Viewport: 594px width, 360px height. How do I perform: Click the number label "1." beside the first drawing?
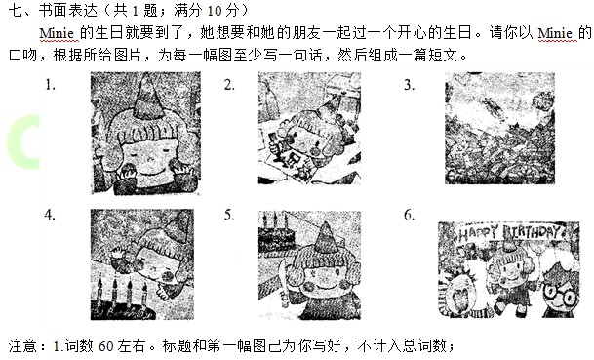tap(51, 85)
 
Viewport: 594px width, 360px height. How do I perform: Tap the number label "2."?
tap(229, 85)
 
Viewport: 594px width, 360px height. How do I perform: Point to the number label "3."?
tap(409, 85)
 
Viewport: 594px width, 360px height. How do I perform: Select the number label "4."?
tap(50, 215)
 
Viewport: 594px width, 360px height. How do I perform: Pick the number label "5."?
tap(229, 215)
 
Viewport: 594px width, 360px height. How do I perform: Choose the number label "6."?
tap(409, 215)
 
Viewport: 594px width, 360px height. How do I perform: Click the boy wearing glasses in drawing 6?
tap(560, 290)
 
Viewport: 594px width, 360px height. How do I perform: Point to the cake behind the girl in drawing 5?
tap(277, 235)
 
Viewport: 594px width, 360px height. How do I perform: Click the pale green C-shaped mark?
tap(23, 141)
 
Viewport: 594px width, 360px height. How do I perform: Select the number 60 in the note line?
tap(105, 345)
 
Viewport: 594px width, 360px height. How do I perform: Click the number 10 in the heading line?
tap(215, 10)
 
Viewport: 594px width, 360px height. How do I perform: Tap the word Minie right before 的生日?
tap(59, 33)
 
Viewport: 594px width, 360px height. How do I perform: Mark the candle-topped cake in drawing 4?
tap(122, 299)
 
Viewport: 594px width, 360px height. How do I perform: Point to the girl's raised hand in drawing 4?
tap(121, 253)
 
